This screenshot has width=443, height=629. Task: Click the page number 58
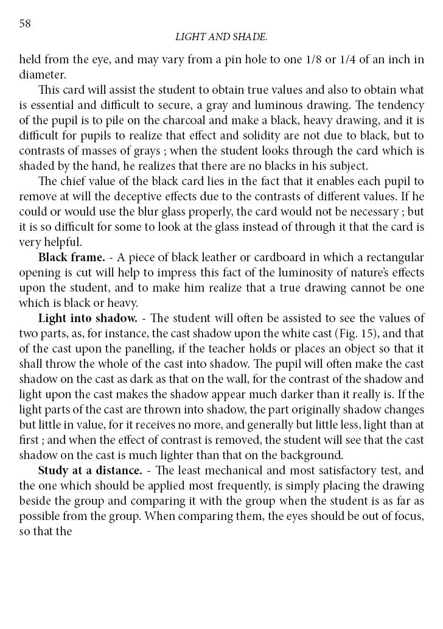25,23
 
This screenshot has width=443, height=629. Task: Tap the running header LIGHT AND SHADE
221,37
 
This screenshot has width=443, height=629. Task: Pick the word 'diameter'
40,75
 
